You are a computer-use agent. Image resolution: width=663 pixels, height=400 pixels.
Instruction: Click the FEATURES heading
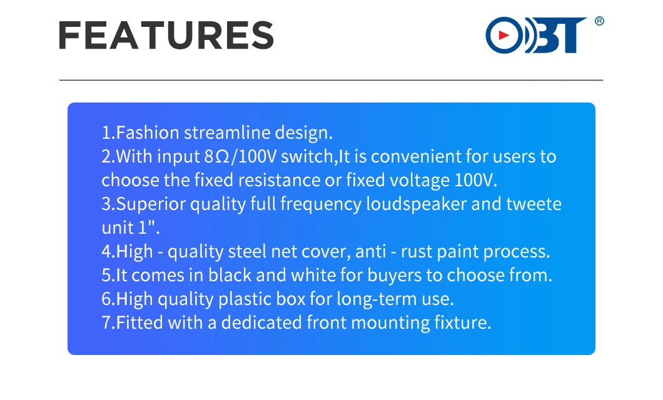166,36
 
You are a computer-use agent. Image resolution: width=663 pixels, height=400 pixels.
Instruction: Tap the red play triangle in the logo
503,35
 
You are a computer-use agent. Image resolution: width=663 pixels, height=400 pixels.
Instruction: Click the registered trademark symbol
599,21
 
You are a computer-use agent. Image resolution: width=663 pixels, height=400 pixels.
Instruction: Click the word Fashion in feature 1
148,132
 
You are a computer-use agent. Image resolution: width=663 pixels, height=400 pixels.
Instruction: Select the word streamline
227,132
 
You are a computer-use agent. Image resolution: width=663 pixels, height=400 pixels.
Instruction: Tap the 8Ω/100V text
240,156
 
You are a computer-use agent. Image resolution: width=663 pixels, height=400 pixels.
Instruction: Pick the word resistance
279,180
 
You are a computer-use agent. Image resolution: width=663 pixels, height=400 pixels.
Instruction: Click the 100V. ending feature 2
476,180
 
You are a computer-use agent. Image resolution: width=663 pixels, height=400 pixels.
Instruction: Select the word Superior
151,204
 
